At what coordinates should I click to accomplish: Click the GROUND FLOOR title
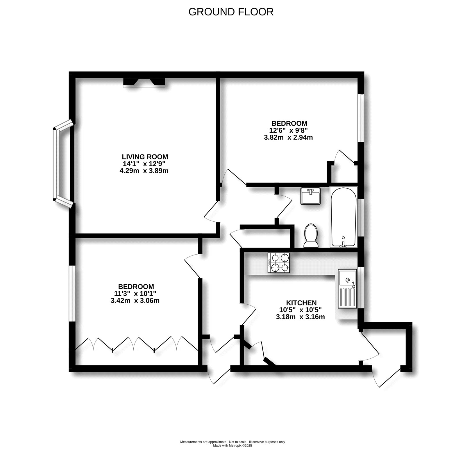231,12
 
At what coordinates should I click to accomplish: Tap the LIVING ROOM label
145,157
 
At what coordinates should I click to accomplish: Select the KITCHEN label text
301,303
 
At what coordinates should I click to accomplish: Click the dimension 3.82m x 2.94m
288,137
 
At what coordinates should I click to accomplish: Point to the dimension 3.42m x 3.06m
135,301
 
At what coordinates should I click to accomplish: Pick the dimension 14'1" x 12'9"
144,164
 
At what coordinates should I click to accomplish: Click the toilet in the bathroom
311,236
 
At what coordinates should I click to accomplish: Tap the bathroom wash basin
311,196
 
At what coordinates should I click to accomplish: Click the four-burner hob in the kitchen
279,262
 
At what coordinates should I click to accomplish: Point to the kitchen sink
347,289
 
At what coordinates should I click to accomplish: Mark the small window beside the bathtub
361,218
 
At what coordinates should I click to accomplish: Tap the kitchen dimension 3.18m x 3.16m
300,317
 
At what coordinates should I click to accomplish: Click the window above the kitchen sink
361,287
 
